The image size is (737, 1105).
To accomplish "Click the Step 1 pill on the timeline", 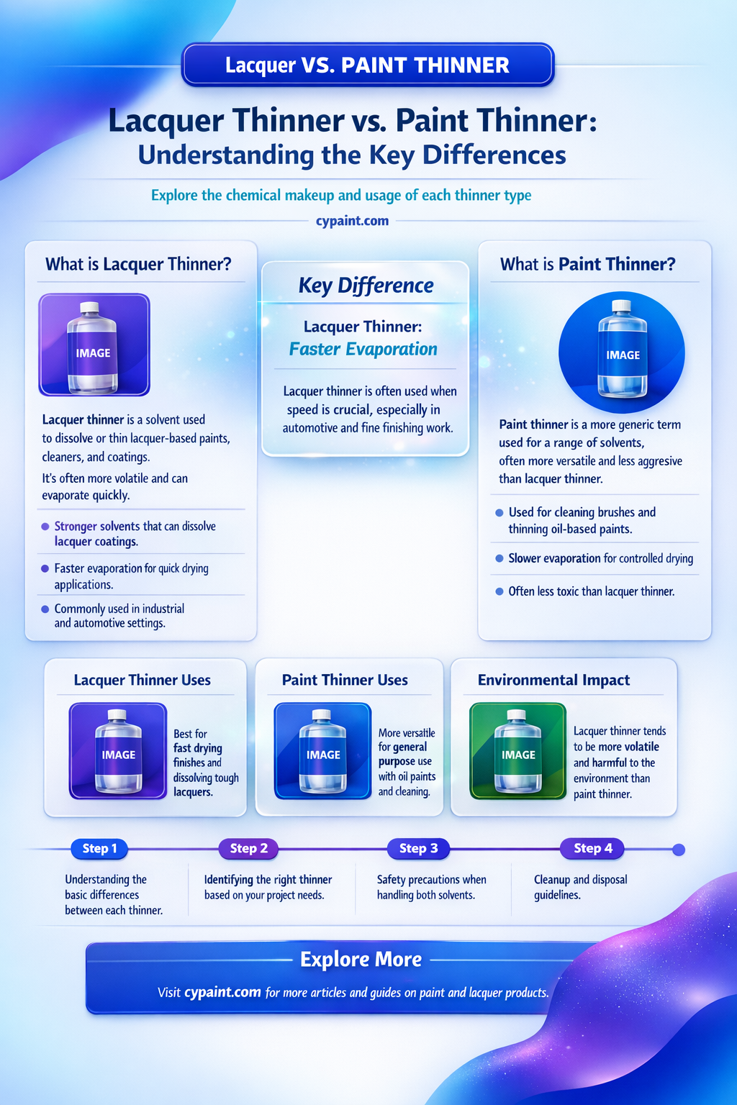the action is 99,848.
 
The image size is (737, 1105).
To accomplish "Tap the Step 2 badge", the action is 249,848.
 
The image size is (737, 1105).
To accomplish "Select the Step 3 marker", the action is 418,848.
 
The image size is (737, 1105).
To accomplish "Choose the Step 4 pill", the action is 592,848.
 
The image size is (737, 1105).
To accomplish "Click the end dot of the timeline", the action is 679,850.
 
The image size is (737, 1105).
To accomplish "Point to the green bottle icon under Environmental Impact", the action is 517,751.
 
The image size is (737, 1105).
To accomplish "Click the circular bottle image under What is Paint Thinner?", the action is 622,353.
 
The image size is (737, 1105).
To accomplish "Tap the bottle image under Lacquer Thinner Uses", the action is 118,751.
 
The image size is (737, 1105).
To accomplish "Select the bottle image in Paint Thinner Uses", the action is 323,751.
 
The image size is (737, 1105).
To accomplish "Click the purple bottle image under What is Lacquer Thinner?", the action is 94,345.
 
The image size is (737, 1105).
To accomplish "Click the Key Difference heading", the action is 366,286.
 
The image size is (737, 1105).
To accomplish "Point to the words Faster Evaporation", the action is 363,349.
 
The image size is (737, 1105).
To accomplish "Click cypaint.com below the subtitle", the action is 353,221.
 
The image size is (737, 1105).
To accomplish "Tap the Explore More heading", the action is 361,960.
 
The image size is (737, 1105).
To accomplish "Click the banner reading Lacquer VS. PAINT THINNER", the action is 368,65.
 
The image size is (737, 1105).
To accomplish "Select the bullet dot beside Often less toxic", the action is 499,591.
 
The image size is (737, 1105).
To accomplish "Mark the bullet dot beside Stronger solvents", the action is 45,527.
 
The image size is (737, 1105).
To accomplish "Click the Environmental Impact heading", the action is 553,681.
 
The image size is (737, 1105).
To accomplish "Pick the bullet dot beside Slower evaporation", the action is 499,558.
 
